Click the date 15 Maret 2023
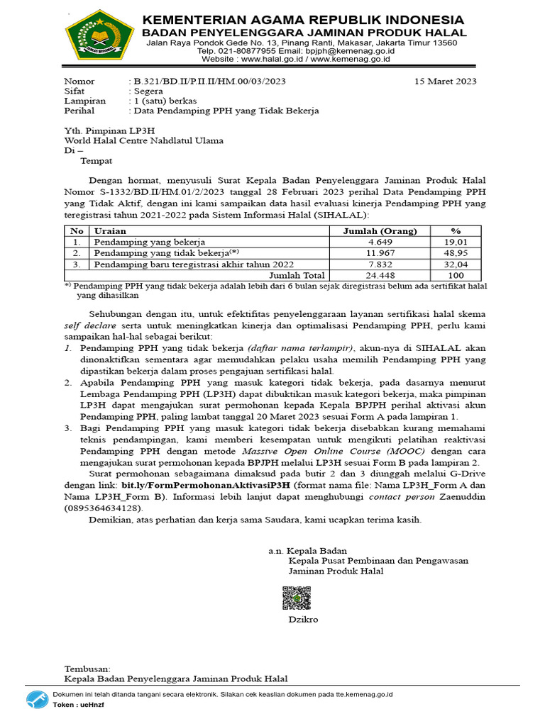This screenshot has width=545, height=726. (x=446, y=82)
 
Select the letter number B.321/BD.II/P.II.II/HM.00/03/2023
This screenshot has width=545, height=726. (x=207, y=82)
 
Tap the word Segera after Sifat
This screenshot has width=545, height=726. (x=145, y=91)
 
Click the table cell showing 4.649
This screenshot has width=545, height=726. (x=380, y=241)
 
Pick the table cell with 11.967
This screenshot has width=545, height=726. (x=380, y=252)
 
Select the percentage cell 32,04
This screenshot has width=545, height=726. (x=456, y=264)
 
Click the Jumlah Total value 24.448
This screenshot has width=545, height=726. (x=380, y=275)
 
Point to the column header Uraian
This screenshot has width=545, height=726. (x=111, y=230)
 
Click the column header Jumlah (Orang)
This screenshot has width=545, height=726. (x=380, y=230)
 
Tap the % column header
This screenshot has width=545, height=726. (x=456, y=230)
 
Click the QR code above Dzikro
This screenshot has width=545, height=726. (x=297, y=598)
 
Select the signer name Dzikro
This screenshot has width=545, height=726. (x=303, y=619)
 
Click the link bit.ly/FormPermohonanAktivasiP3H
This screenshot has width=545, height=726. (x=206, y=485)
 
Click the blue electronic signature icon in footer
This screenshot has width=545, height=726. (x=38, y=700)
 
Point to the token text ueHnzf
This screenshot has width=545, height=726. (x=92, y=706)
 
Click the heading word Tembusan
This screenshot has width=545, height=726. (x=87, y=669)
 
